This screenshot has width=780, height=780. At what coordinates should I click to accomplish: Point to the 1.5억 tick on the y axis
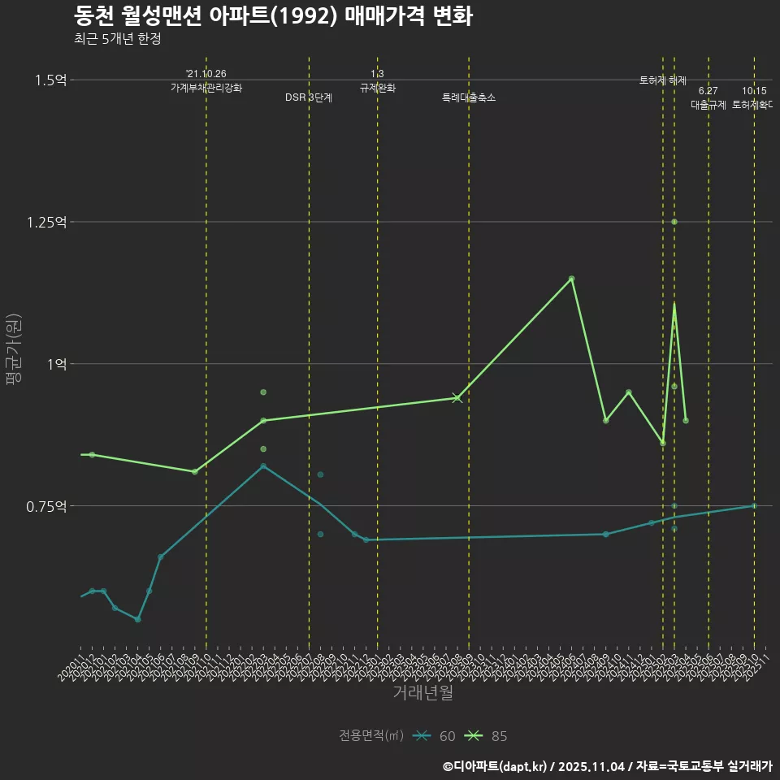[50, 80]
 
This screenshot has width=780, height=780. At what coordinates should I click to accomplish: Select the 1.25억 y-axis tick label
[47, 222]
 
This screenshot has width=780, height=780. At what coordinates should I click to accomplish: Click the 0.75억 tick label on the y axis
[47, 506]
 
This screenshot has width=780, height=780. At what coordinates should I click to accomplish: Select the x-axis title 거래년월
[422, 693]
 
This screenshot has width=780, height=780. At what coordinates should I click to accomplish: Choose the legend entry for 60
[435, 736]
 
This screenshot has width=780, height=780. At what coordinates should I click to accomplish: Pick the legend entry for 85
[487, 736]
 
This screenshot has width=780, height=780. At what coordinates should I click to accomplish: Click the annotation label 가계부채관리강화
[206, 87]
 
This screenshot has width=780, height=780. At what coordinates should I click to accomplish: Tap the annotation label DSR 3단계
[309, 97]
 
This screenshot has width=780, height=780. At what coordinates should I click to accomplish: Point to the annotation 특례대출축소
[469, 97]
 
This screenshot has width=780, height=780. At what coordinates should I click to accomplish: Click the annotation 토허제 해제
[663, 80]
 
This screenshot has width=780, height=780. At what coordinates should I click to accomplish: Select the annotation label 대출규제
[708, 105]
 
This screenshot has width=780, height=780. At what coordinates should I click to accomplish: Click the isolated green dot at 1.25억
[674, 222]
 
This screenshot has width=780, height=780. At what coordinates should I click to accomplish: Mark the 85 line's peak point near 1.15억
[571, 279]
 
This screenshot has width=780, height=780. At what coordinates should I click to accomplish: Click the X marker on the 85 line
[457, 397]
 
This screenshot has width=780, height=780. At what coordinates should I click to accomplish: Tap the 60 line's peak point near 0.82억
[263, 466]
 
